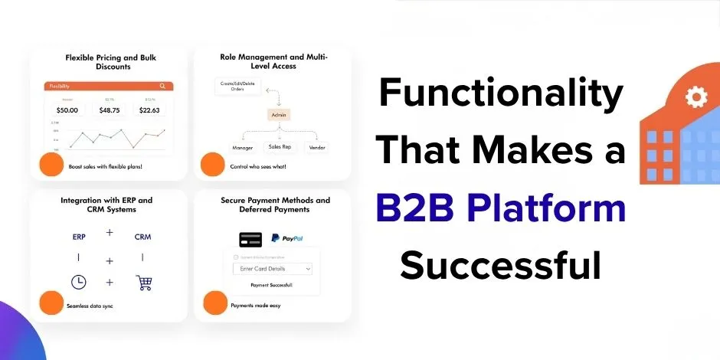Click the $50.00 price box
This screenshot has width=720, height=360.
coord(67,110)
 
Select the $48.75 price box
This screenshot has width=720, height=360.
coord(110,110)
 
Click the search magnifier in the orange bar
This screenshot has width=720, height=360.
coord(163,87)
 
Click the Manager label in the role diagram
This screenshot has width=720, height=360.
coord(242,147)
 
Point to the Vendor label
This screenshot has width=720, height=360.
coord(316,147)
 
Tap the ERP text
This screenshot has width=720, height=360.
coord(80,237)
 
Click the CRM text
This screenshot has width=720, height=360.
coord(142,237)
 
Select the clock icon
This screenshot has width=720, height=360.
coord(79,282)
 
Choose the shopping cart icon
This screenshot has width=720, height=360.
coord(143,282)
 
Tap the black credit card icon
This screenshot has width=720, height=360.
coord(250,238)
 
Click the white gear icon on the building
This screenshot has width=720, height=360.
coord(695,97)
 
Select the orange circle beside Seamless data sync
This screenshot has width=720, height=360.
coord(51,302)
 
